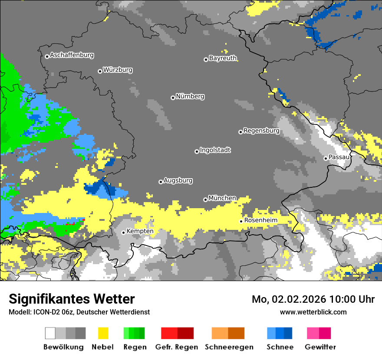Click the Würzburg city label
tap(118, 70)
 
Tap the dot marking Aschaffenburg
tap(47, 56)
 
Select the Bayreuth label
tap(223, 58)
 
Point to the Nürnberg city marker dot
tap(173, 98)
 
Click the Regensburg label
tap(261, 131)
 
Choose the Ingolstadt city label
tap(215, 150)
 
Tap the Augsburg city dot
tap(161, 182)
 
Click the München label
tap(222, 198)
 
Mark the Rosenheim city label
tap(260, 220)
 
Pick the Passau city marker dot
tap(326, 158)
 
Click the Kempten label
tap(140, 231)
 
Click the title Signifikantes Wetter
tap(72, 299)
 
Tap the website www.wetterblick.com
tap(313, 312)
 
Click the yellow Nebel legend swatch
tap(103, 333)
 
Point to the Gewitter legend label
tap(320, 347)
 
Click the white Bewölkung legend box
tap(50, 333)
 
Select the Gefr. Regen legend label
tap(177, 347)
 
